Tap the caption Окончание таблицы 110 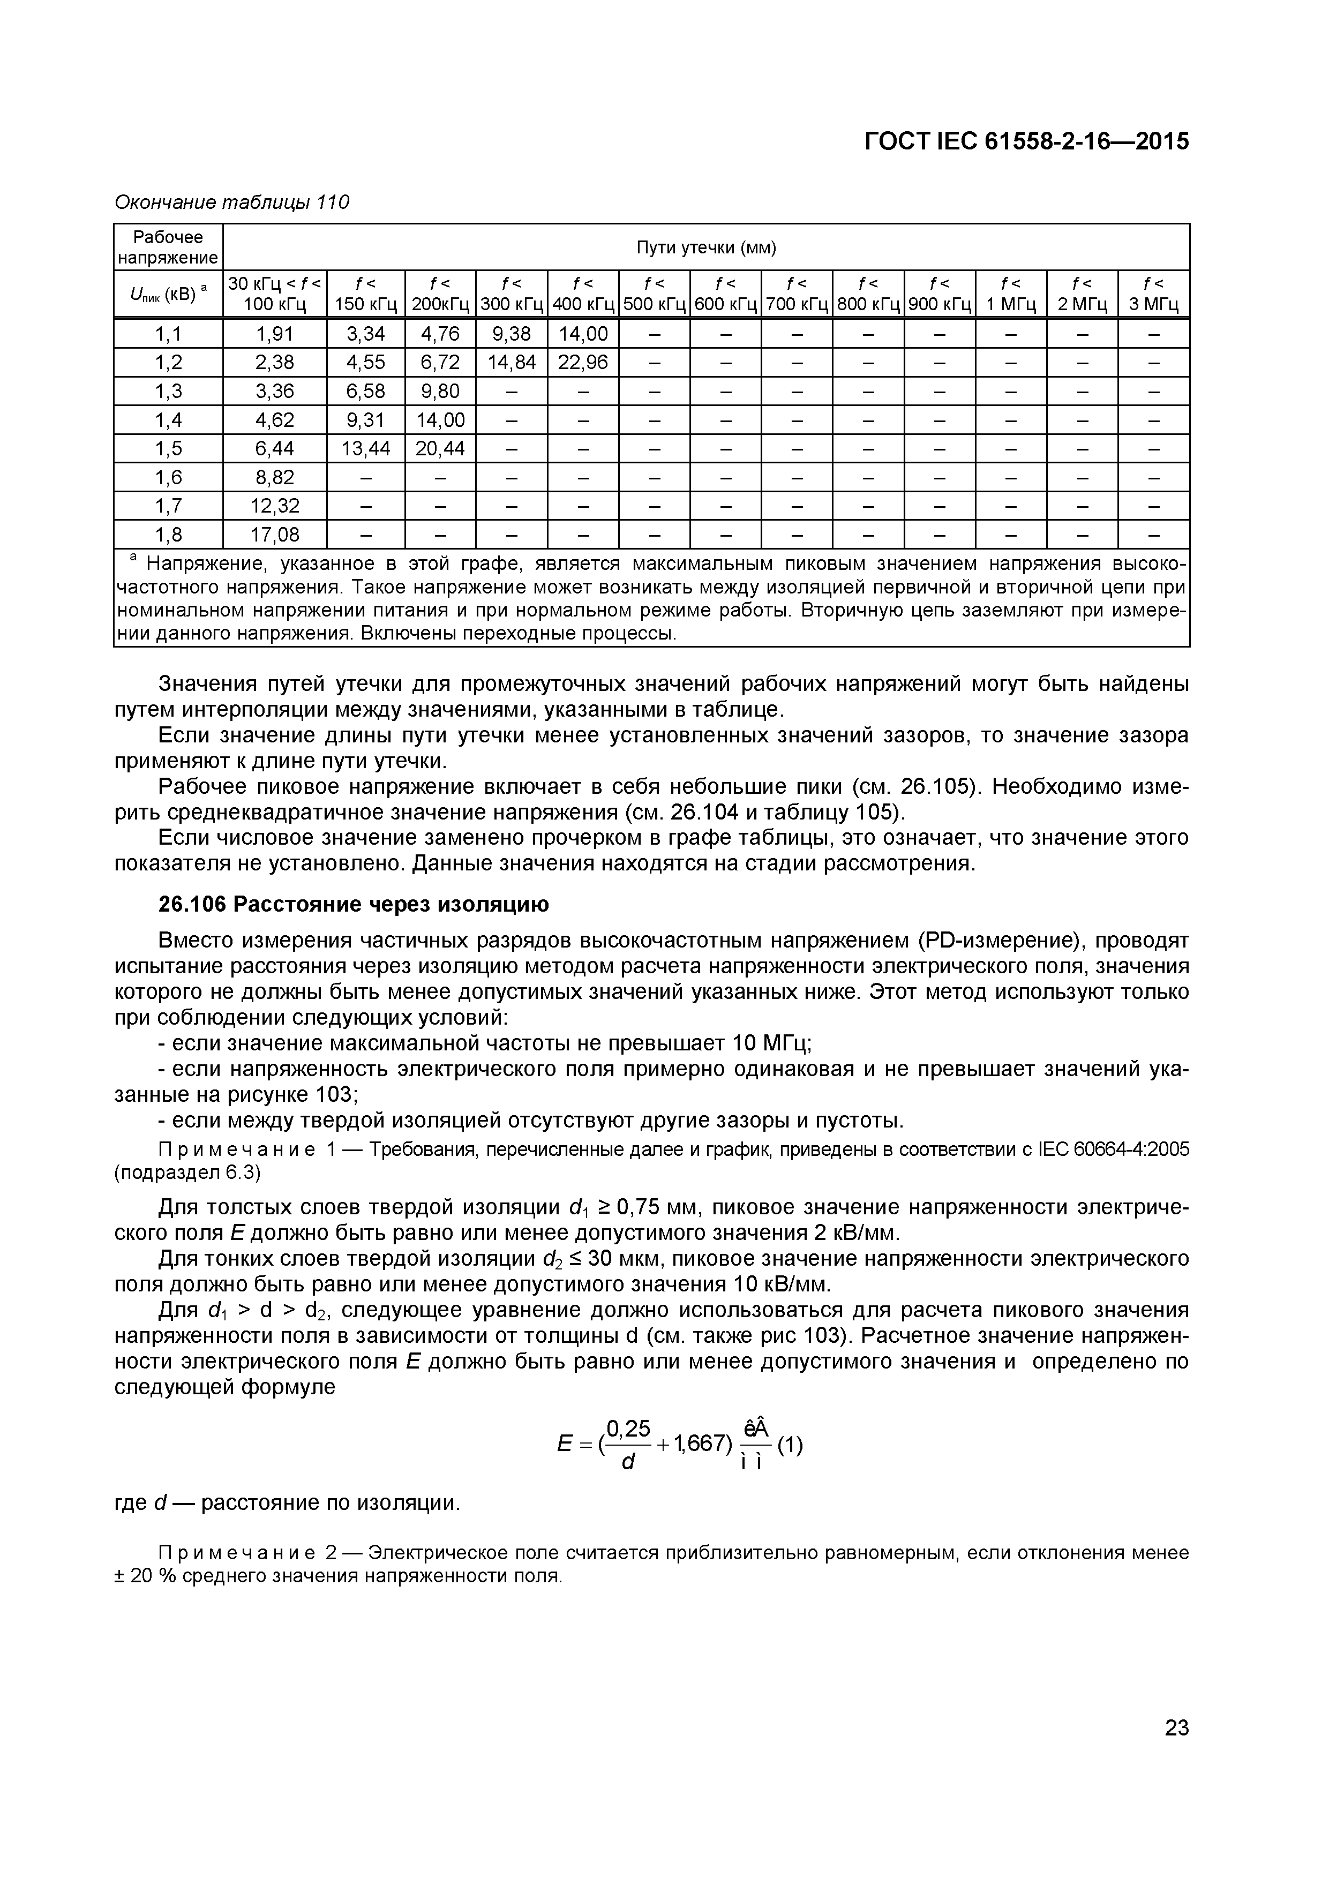tap(231, 201)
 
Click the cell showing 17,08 tap(274, 535)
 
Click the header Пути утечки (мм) tap(705, 247)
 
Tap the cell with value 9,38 tap(512, 334)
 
